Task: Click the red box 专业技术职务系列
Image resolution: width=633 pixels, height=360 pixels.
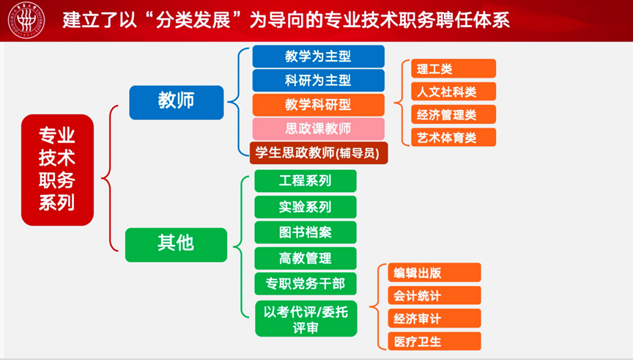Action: pyautogui.click(x=57, y=169)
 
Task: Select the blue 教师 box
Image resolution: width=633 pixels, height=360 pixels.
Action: pyautogui.click(x=176, y=102)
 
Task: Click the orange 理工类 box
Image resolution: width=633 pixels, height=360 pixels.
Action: pyautogui.click(x=448, y=69)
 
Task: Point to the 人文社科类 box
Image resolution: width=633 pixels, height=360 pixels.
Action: pyautogui.click(x=448, y=92)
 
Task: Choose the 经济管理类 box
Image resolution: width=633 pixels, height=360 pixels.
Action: pyautogui.click(x=448, y=114)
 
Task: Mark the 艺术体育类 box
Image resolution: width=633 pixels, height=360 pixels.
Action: pyautogui.click(x=448, y=137)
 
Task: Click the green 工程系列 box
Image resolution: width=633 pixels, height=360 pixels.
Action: pyautogui.click(x=306, y=181)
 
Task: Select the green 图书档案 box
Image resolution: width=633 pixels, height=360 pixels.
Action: pyautogui.click(x=306, y=232)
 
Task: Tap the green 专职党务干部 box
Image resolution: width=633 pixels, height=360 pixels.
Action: pyautogui.click(x=306, y=283)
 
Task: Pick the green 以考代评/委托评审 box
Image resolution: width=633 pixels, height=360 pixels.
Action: pyautogui.click(x=306, y=318)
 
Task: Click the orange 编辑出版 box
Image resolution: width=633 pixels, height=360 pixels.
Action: pyautogui.click(x=434, y=273)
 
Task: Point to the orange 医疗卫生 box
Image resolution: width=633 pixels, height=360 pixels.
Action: pyautogui.click(x=434, y=341)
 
